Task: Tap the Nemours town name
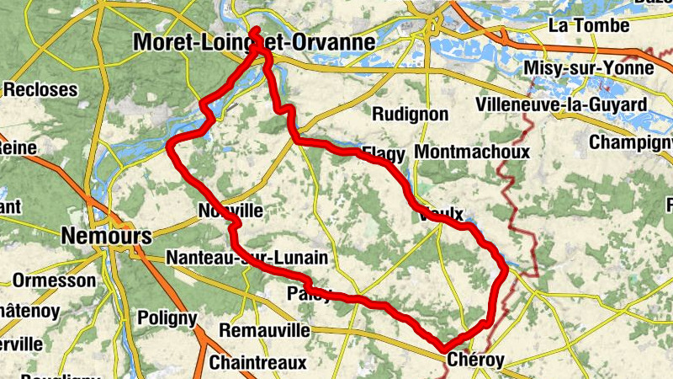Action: tap(107, 237)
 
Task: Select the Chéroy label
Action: tap(476, 360)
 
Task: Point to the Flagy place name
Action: tap(383, 154)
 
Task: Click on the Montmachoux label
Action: tap(473, 152)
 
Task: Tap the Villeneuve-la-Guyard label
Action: tap(561, 104)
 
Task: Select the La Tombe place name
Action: tap(583, 25)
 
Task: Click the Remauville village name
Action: tap(264, 331)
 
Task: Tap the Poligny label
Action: tap(167, 318)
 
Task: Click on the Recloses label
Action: tap(40, 89)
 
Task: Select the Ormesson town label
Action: tap(55, 280)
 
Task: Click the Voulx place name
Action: tap(441, 215)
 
